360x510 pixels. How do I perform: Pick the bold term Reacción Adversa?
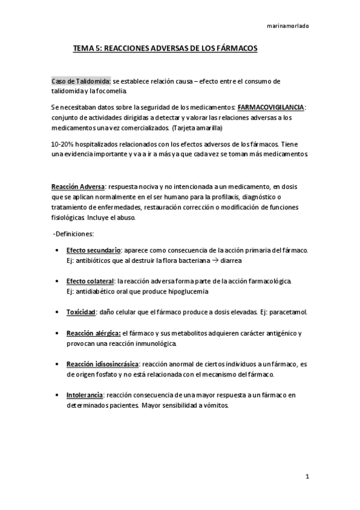tap(78, 186)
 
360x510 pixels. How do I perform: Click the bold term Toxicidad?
tap(81, 312)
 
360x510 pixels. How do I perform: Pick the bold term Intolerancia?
tap(85, 395)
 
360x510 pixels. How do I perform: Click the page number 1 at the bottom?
tap(307, 478)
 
